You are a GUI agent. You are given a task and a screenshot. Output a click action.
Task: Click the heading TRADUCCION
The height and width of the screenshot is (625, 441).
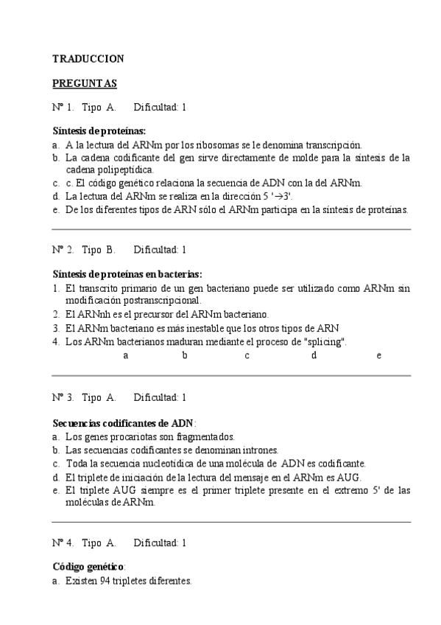pyautogui.click(x=88, y=58)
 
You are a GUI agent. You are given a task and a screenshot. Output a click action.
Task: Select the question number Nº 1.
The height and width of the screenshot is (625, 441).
pyautogui.click(x=63, y=107)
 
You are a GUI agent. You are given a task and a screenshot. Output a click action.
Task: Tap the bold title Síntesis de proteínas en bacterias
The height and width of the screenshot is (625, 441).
pyautogui.click(x=127, y=273)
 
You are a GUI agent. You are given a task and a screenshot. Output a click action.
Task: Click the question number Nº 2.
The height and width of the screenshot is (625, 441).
pyautogui.click(x=63, y=249)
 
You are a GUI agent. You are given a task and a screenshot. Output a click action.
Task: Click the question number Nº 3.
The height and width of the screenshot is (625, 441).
pyautogui.click(x=63, y=398)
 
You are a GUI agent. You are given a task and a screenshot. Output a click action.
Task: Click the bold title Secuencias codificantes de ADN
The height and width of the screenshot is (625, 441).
pyautogui.click(x=123, y=422)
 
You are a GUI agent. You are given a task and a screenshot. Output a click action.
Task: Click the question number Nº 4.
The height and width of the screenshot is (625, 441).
pyautogui.click(x=63, y=543)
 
